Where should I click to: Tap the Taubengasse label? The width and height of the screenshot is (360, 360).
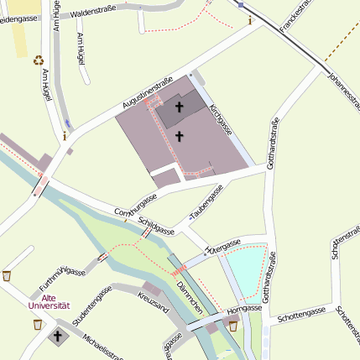point(206,204)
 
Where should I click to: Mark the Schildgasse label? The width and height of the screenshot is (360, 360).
point(157,223)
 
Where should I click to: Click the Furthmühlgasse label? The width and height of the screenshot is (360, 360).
point(63,279)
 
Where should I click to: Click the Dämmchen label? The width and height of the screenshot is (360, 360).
point(189,298)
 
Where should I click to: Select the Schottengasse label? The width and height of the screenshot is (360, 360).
point(300,313)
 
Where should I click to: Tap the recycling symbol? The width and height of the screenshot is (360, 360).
point(38,60)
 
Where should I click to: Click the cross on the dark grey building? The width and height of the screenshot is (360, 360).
point(180,107)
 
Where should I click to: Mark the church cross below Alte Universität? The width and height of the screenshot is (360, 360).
point(57,337)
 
